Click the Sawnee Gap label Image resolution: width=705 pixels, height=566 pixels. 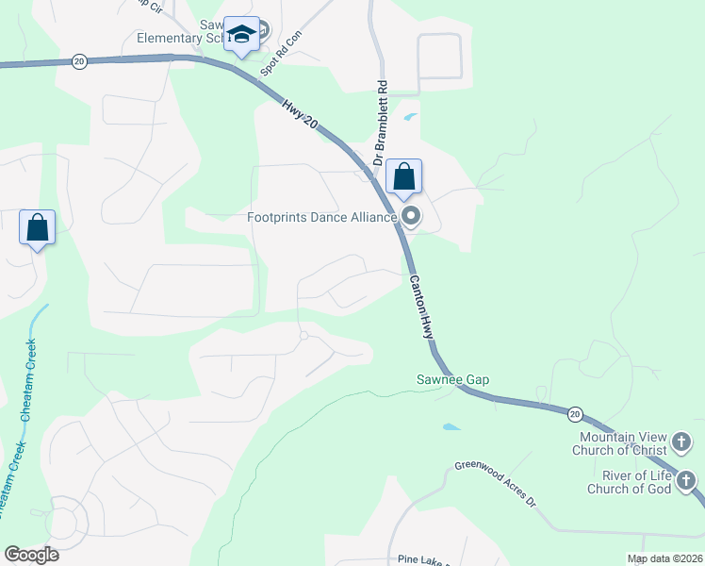pyautogui.click(x=453, y=380)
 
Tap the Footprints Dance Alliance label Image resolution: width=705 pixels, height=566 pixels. pyautogui.click(x=321, y=218)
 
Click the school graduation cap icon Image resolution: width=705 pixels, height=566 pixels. pyautogui.click(x=242, y=36)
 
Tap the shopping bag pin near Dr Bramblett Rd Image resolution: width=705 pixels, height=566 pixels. pyautogui.click(x=403, y=176)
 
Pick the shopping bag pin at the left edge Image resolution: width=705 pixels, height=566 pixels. pyautogui.click(x=38, y=227)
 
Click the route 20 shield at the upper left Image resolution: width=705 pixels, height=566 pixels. pyautogui.click(x=78, y=61)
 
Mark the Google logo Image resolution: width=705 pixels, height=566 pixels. pyautogui.click(x=31, y=555)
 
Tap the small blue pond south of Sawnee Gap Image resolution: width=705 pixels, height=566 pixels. pyautogui.click(x=451, y=427)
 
